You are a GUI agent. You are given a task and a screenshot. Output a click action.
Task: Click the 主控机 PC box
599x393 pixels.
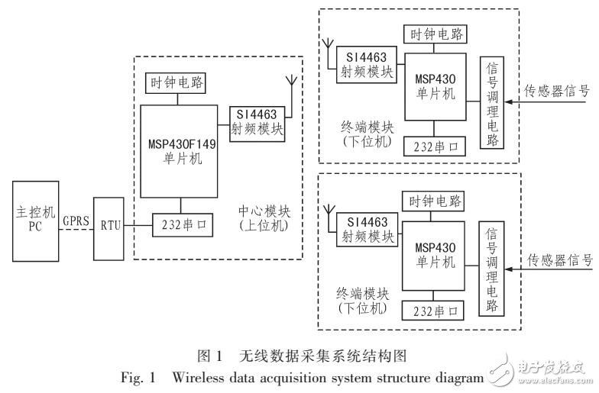[35, 221]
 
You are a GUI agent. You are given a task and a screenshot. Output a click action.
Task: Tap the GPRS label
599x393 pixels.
[76, 221]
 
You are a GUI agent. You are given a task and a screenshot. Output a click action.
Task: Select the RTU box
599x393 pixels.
[108, 229]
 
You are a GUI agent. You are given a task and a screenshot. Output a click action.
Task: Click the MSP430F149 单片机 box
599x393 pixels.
[179, 151]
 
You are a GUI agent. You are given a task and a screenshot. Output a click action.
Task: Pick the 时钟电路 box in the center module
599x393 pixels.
[176, 83]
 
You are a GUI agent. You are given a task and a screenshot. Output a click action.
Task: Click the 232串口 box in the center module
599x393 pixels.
[183, 225]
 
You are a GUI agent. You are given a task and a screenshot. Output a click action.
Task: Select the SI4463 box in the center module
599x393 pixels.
[257, 124]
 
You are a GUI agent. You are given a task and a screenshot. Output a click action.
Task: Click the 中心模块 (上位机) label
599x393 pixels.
[264, 218]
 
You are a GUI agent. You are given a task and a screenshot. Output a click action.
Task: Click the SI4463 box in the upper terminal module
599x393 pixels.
[367, 65]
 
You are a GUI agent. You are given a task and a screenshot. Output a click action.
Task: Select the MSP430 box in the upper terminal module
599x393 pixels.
[435, 87]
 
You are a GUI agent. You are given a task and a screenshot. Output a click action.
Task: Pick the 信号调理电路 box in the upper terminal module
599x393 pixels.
[492, 102]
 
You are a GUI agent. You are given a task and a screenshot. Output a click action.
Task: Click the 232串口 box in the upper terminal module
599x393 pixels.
[435, 147]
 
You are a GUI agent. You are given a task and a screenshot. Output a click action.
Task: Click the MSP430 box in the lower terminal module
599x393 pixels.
[434, 256]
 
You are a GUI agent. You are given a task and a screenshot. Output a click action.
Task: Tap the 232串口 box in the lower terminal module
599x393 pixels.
[432, 311]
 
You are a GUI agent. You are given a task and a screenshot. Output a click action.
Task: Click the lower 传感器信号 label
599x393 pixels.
[559, 261]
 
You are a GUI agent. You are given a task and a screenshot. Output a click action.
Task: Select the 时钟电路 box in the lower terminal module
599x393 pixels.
[434, 201]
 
